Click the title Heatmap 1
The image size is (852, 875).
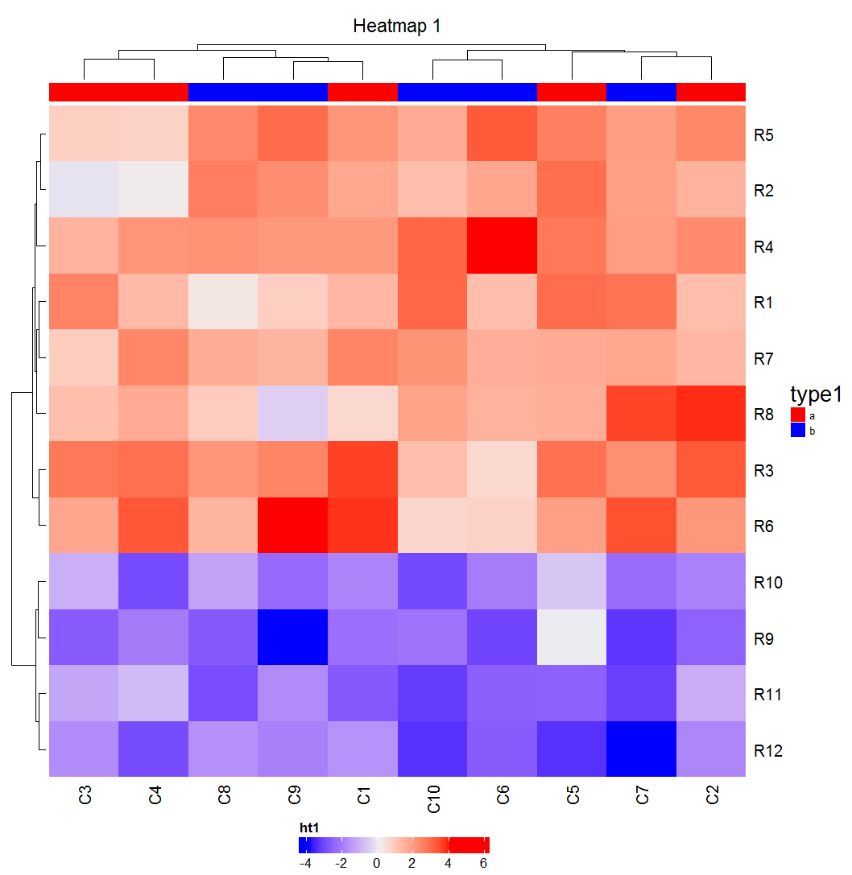point(397,27)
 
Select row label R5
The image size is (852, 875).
point(764,134)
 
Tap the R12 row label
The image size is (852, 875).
point(767,750)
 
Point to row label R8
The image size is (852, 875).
point(764,415)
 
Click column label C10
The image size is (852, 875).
point(433,797)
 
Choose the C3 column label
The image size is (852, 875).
point(85,797)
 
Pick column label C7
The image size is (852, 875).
point(642,797)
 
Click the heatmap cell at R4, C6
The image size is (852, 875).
point(503,246)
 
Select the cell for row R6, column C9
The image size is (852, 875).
point(293,526)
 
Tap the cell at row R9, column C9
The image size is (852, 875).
point(293,638)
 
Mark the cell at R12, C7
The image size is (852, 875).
point(642,749)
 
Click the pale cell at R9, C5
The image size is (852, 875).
point(572,638)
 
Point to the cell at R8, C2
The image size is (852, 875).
point(711,414)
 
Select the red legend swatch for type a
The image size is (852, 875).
point(798,415)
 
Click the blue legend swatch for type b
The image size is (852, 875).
point(798,431)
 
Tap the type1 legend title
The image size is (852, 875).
point(815,394)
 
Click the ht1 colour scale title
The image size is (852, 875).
point(309,828)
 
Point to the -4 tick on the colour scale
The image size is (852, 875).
point(305,863)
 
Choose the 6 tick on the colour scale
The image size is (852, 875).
point(484,863)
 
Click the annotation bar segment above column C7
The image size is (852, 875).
point(642,92)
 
